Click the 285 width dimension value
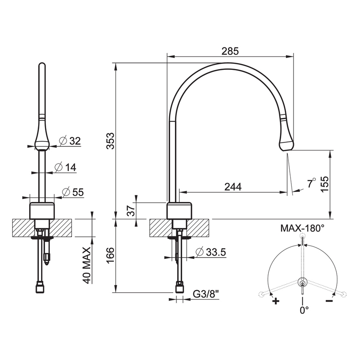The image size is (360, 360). [230, 51]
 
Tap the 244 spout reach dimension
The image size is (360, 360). [233, 186]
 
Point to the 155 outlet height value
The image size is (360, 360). [324, 184]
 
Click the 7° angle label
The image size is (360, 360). [311, 183]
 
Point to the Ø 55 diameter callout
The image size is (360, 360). [72, 192]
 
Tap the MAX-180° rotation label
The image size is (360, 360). [302, 228]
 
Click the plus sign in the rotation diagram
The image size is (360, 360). [276, 302]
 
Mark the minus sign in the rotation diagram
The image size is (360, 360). [329, 301]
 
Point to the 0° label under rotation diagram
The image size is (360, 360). [304, 310]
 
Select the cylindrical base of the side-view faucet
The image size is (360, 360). [180, 211]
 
